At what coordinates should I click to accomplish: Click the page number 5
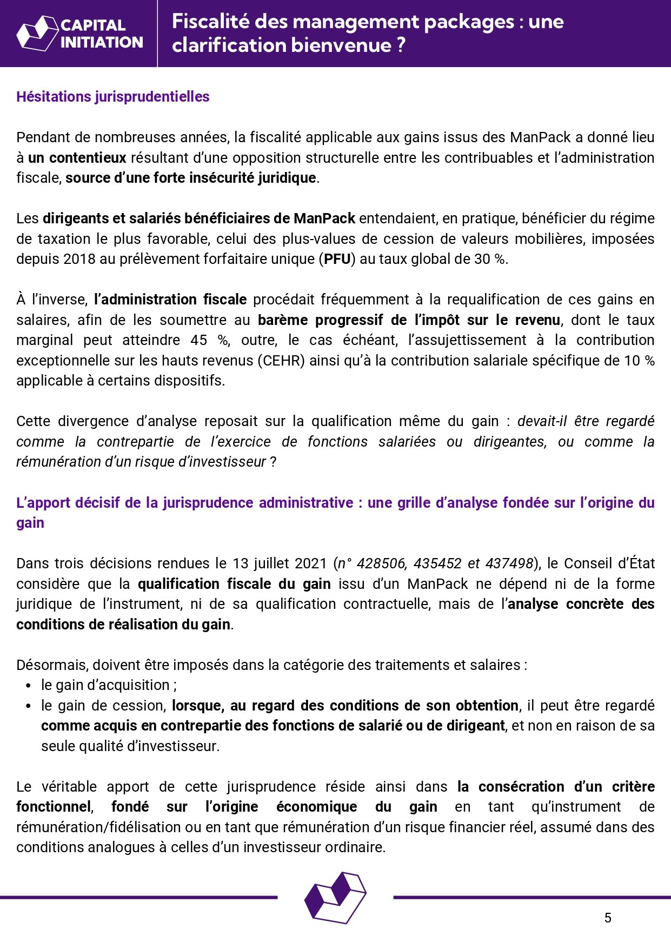tap(608, 918)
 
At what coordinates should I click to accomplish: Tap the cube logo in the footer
tap(335, 897)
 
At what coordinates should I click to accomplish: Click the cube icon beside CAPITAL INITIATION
tap(37, 34)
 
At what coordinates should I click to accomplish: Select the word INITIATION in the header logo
tap(102, 42)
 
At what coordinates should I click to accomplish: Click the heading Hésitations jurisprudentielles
tap(112, 97)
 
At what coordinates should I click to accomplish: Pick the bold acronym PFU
tap(337, 259)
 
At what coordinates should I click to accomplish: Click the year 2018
tap(79, 259)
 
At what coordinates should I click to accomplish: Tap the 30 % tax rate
tap(490, 259)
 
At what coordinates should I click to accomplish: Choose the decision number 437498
tap(509, 563)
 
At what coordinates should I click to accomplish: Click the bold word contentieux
tap(88, 158)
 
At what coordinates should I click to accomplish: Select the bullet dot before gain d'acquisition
tap(28, 686)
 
